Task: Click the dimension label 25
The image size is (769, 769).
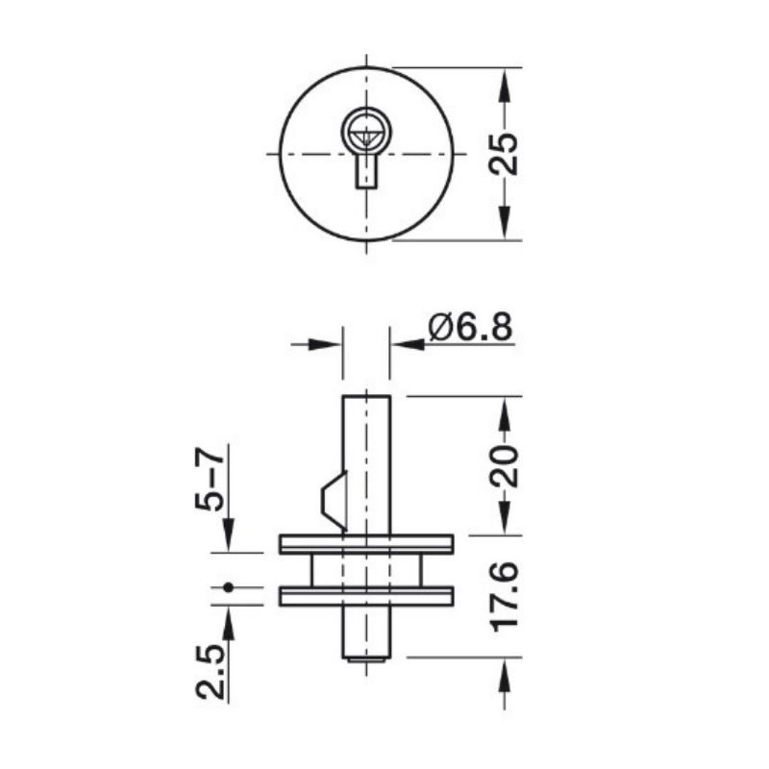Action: [504, 154]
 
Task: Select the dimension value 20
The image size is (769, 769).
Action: [504, 466]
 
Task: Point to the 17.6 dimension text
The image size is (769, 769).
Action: [504, 596]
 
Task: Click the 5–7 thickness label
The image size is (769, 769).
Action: [210, 479]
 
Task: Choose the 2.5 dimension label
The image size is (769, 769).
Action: [211, 672]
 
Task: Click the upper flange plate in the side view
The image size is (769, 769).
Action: [366, 544]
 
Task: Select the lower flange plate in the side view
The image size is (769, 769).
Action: [366, 596]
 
